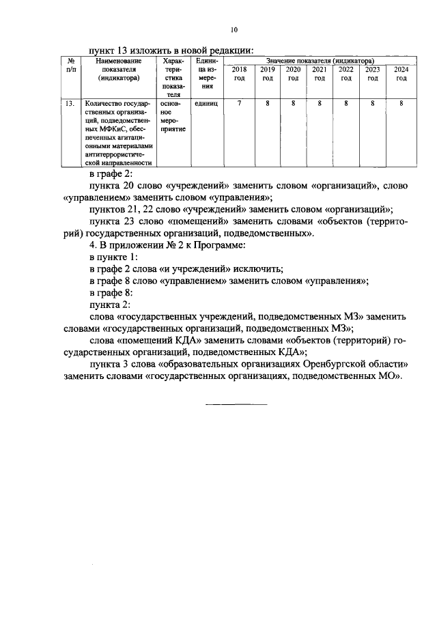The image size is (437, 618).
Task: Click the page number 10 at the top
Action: [x=234, y=29]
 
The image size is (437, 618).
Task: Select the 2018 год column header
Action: [x=240, y=74]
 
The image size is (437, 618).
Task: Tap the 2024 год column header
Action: [x=401, y=74]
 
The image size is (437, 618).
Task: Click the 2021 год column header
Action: [x=319, y=74]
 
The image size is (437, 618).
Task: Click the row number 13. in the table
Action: [x=68, y=104]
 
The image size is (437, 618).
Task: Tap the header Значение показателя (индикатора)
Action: [x=320, y=61]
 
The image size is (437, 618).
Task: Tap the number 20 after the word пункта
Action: [x=131, y=185]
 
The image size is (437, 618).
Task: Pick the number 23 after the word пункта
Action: [x=131, y=222]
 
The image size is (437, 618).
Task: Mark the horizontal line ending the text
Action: [x=237, y=405]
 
